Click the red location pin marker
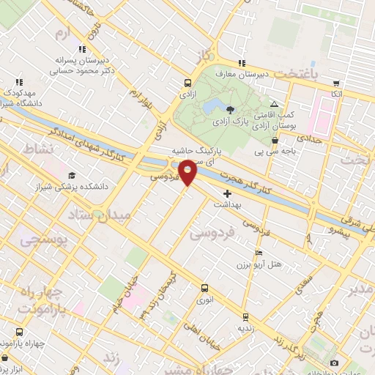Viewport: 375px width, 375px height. (x=188, y=172)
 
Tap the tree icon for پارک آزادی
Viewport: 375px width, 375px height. (x=231, y=109)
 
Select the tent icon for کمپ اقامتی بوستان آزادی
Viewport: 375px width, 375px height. (x=275, y=105)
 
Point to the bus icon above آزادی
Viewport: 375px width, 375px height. (x=187, y=83)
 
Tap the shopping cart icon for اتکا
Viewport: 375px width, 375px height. (x=336, y=83)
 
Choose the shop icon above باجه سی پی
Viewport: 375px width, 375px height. (x=275, y=141)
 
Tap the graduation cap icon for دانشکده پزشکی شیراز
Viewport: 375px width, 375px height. (x=72, y=176)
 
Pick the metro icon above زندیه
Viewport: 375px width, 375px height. (x=245, y=317)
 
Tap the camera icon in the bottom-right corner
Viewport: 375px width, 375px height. (x=334, y=363)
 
